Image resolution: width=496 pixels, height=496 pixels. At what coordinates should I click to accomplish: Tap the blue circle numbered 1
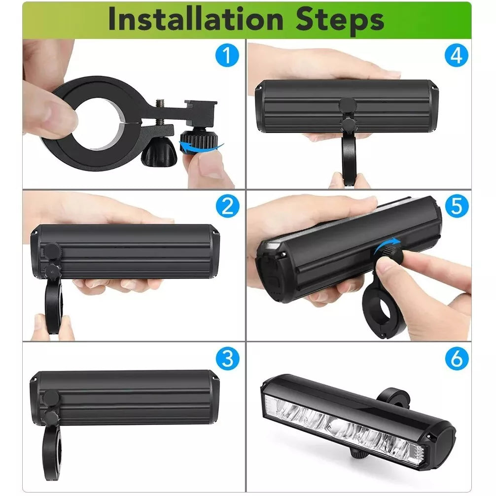[x=226, y=56]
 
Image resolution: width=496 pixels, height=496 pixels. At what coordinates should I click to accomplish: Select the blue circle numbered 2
[x=226, y=206]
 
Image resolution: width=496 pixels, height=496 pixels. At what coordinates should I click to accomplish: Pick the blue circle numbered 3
[x=226, y=358]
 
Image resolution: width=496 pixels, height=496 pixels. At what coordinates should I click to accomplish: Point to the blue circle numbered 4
[x=456, y=56]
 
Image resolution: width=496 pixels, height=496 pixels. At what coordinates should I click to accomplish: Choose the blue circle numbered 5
[x=456, y=206]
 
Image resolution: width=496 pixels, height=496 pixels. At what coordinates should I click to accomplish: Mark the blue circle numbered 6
[x=456, y=358]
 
